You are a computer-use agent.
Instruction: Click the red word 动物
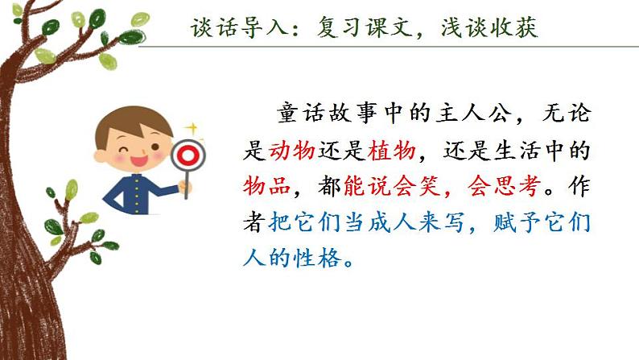pos(292,151)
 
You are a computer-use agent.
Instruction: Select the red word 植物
pos(391,151)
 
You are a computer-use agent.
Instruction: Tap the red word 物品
pos(267,187)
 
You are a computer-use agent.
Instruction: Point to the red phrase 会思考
pos(504,187)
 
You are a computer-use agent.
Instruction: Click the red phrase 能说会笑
pos(392,187)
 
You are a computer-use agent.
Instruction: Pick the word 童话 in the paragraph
pos(302,113)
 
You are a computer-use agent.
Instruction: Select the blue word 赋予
pos(517,223)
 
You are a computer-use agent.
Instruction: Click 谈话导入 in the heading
pos(239,27)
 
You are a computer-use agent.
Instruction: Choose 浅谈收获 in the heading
pos(489,27)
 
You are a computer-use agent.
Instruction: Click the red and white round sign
pos(188,155)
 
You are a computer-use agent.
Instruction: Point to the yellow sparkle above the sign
pos(192,129)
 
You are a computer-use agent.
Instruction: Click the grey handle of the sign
pos(187,186)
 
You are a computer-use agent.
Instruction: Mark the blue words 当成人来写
pos(404,223)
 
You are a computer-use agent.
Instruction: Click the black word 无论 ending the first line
pos(567,113)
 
